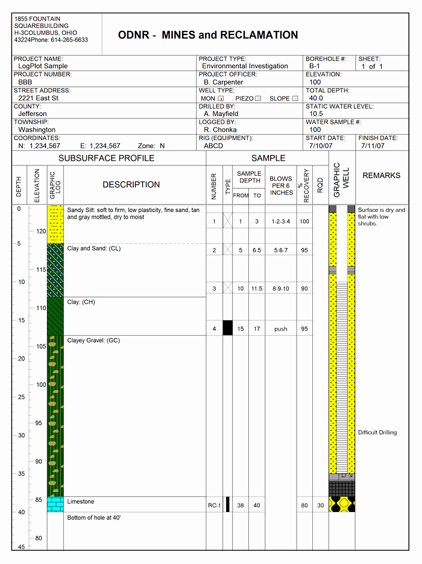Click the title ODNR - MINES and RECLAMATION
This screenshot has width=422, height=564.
[208, 36]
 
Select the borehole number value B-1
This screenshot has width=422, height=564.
[314, 66]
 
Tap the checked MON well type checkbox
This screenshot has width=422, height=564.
[221, 98]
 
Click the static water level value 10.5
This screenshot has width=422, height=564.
[316, 114]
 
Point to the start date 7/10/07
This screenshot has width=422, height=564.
[320, 146]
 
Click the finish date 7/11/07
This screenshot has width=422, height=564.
[373, 146]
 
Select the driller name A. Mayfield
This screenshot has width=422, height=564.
[221, 114]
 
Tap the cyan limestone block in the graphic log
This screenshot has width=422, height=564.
[55, 504]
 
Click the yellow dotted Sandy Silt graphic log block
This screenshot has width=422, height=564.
[55, 225]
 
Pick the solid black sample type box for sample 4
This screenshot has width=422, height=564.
[227, 328]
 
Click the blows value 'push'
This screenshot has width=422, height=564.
[280, 329]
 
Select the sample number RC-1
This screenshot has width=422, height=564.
[213, 505]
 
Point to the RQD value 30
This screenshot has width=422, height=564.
[320, 505]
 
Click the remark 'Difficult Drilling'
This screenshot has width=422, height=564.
[377, 432]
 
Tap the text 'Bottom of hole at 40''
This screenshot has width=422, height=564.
[93, 518]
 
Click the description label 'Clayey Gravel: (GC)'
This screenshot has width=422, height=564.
[93, 341]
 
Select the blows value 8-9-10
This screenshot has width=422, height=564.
[280, 289]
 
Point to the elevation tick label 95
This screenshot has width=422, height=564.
[39, 423]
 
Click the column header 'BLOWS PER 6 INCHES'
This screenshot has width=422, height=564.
[281, 186]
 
